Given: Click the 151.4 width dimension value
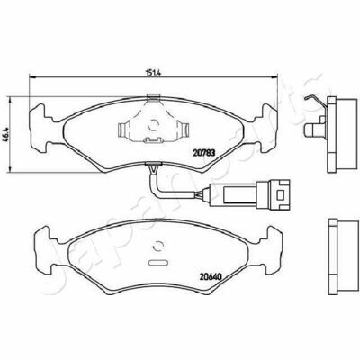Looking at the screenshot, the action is point(154,73).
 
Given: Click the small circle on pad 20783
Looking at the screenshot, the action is point(154,124).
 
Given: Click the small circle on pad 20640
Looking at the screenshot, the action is point(157,247).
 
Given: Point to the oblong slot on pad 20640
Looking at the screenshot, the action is point(157,262).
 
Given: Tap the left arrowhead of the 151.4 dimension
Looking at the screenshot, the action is point(31,77).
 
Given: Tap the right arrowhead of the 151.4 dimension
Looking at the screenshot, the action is point(274,77).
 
